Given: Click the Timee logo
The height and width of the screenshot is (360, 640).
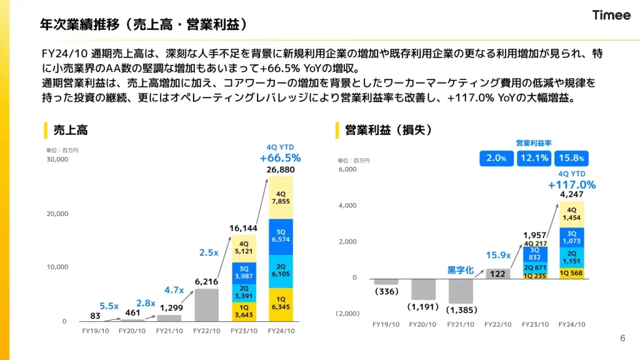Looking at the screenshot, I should [611, 16].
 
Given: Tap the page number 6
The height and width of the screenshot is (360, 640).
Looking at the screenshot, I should [622, 338].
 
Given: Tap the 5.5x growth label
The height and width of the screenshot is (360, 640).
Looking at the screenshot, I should [109, 306].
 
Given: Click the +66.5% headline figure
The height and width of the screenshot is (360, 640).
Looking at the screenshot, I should [280, 158].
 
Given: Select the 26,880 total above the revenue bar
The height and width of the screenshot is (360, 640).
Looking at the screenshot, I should [280, 170].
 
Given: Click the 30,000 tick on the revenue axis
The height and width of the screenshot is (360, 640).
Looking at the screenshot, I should [57, 159].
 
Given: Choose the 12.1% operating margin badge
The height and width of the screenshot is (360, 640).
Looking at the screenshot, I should [534, 159].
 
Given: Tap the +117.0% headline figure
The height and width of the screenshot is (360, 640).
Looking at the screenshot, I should [572, 185].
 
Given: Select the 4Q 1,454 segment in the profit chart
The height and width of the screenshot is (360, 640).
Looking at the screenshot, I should [572, 214].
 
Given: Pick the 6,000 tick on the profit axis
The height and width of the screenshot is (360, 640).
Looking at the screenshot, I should [347, 169].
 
